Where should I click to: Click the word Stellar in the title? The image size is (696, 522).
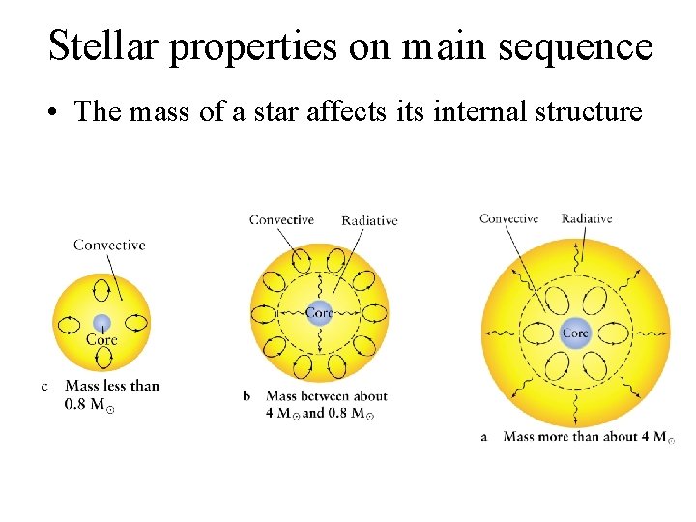[103, 45]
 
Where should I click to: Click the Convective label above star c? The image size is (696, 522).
[109, 245]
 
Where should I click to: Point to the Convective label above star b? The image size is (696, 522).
[281, 219]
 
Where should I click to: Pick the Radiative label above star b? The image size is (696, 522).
[369, 220]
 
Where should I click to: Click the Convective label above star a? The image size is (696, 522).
[508, 218]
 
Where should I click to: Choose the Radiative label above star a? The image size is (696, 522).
[587, 218]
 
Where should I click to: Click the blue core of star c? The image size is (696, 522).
[101, 323]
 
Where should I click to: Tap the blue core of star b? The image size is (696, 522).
[320, 312]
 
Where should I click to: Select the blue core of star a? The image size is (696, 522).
[575, 332]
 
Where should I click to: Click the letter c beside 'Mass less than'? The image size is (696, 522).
[44, 387]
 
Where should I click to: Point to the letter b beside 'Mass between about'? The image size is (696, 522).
[246, 396]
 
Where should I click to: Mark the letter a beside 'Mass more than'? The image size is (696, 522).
[483, 437]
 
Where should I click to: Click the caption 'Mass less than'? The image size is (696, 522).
[112, 386]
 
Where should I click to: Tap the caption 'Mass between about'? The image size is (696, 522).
[326, 396]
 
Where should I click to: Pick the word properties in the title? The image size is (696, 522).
[254, 45]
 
